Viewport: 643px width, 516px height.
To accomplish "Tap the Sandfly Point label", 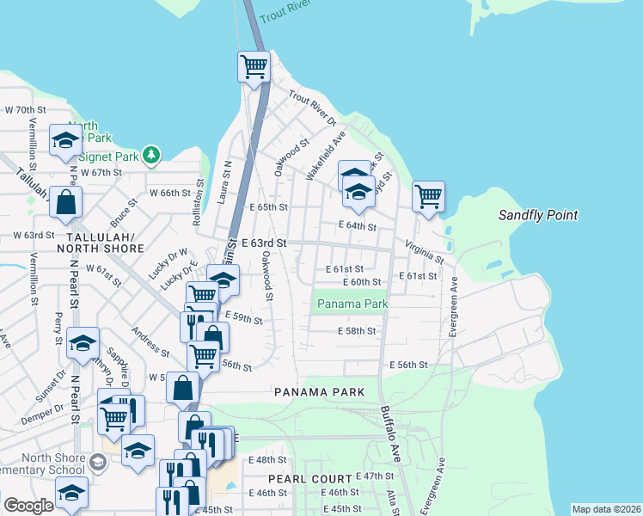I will click(x=538, y=216).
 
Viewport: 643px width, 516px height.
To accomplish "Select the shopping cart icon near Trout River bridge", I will click(x=254, y=66).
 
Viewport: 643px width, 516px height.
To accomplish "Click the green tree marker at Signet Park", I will click(x=152, y=154).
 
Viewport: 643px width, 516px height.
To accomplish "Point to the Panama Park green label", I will click(x=352, y=304).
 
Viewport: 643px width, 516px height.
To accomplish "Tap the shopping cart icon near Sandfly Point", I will click(x=428, y=196).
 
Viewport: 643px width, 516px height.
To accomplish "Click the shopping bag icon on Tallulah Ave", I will click(x=65, y=202).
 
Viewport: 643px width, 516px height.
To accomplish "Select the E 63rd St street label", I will click(x=263, y=244).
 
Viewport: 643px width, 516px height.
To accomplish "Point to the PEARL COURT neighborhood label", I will click(x=309, y=478).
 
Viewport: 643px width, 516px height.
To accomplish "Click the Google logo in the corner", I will click(x=28, y=506).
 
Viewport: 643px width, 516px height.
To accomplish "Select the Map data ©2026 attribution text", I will click(x=605, y=509).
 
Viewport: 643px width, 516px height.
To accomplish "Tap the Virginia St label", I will click(x=425, y=251).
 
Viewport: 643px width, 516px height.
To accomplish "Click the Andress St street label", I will click(x=150, y=341).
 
